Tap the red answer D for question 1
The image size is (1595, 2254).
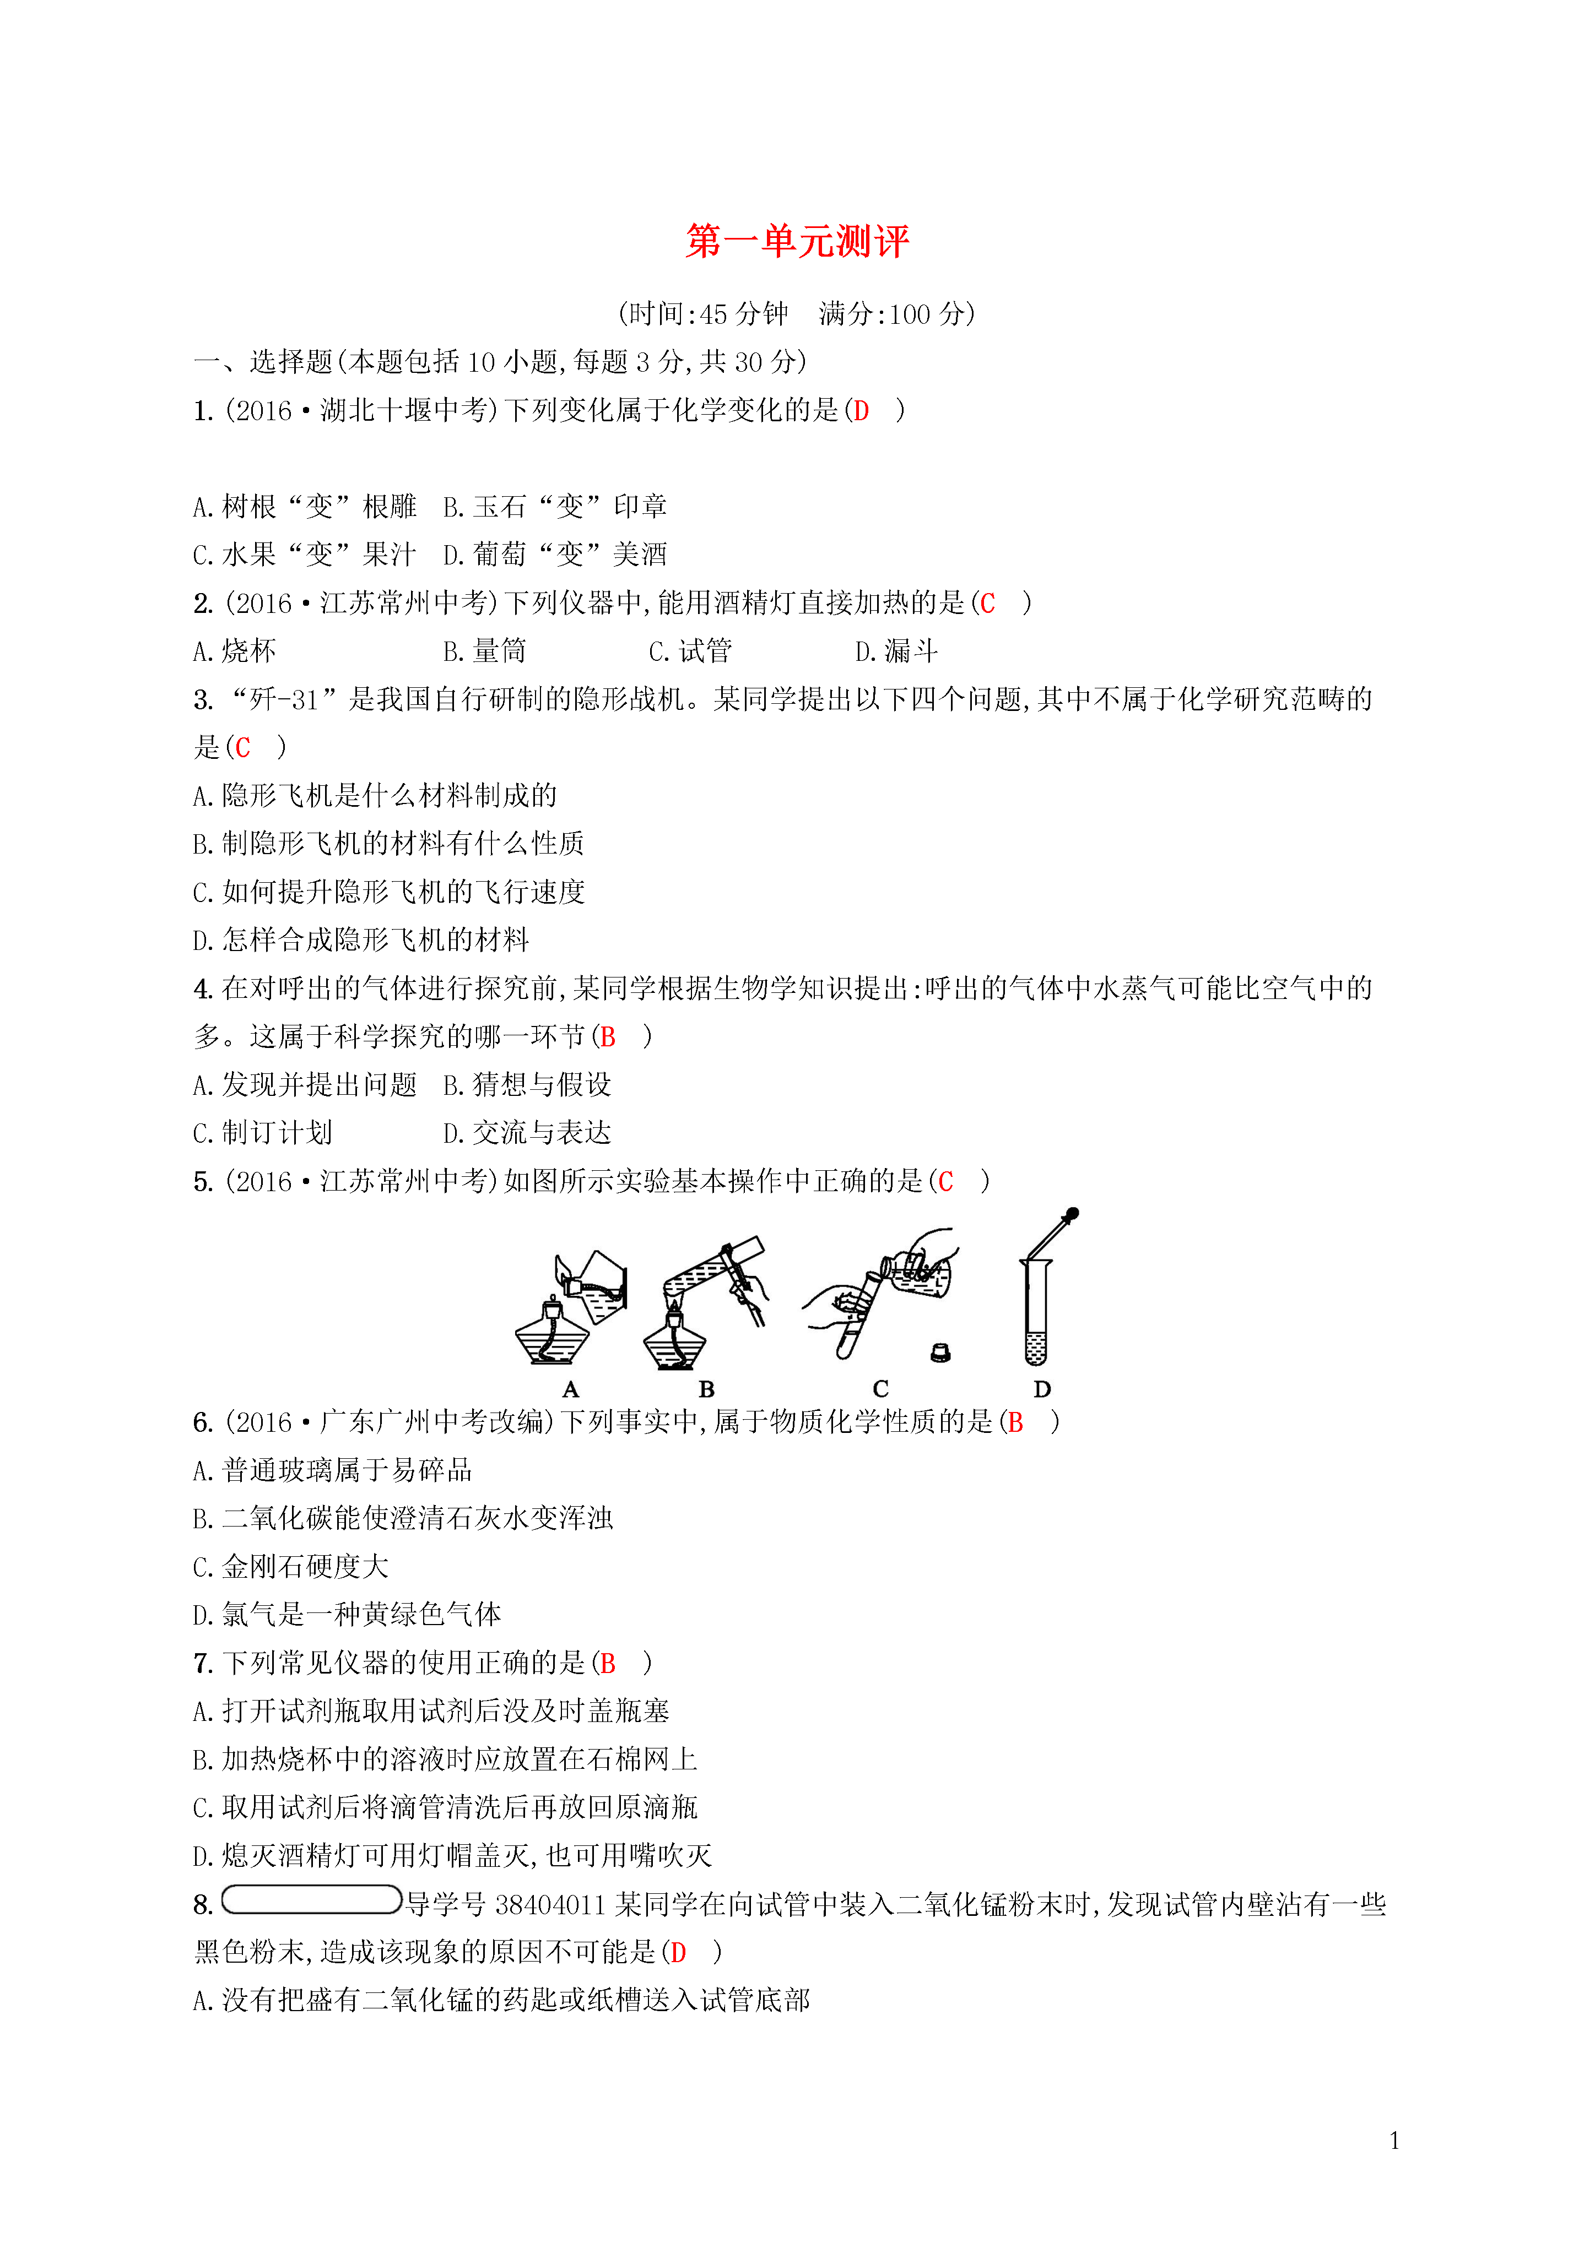[861, 411]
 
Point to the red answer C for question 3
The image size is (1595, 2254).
[242, 748]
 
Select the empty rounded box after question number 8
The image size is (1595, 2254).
[311, 1899]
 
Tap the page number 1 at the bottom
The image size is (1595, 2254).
[1394, 2141]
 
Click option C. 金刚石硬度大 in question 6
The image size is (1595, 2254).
[291, 1567]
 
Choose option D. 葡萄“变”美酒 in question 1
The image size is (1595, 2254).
[555, 555]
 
